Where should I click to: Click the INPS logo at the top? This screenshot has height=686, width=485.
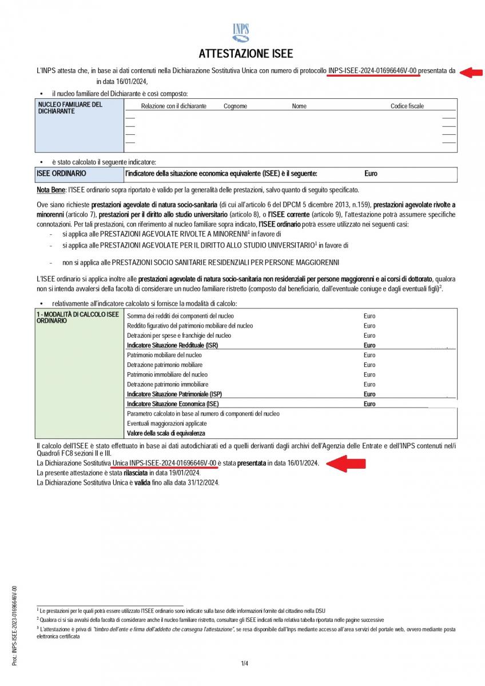pos(242,33)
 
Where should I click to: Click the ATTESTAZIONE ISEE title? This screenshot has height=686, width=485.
pos(245,54)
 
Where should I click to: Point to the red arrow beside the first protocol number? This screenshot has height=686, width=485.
pos(471,72)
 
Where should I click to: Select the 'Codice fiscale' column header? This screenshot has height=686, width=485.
pos(407,106)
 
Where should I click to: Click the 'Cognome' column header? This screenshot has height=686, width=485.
pos(235,106)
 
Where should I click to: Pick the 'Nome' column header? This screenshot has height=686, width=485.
pos(299,106)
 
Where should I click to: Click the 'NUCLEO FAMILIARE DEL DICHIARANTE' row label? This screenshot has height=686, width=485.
pos(70,108)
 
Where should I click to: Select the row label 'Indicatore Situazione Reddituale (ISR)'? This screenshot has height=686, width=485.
pos(172,345)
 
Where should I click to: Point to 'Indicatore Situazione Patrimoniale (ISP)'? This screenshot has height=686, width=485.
pos(174,394)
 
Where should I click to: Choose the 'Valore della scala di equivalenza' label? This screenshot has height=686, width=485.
pos(166,433)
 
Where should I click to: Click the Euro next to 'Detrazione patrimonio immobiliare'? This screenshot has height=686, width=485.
pos(369,384)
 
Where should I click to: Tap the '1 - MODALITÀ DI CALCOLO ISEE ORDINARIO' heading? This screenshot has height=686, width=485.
pos(77,318)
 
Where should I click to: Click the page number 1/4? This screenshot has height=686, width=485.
pos(244,663)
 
